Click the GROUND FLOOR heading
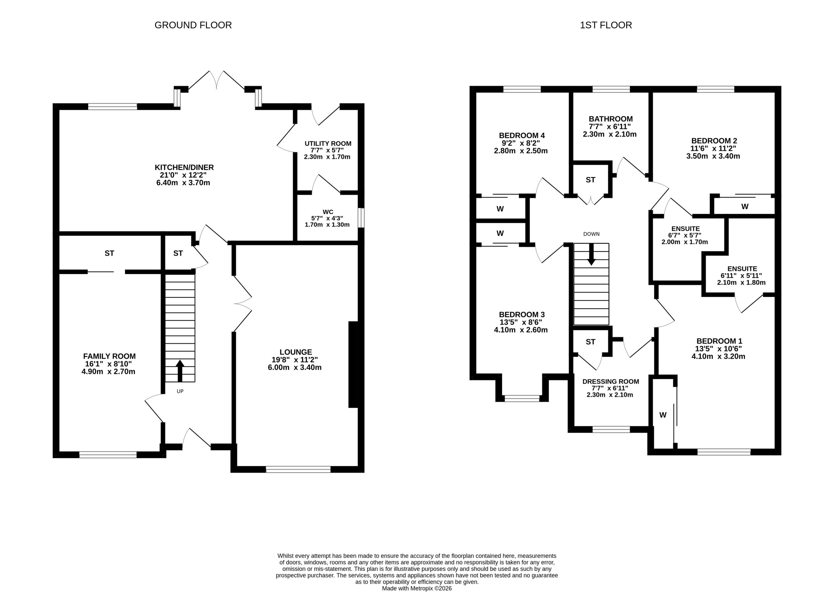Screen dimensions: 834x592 (193, 25)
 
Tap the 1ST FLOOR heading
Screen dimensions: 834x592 (606, 25)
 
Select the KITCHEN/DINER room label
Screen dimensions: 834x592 (184, 167)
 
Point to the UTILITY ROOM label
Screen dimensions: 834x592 (328, 144)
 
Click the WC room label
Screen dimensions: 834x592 (328, 212)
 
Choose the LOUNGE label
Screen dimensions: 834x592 (295, 352)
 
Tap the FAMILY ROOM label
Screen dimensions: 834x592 (109, 356)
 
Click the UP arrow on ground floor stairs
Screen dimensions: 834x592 (180, 371)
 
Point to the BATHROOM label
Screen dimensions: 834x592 (611, 119)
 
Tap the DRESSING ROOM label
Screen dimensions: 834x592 (611, 382)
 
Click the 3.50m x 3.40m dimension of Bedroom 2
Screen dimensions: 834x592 (713, 156)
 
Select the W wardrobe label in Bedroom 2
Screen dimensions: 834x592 (745, 207)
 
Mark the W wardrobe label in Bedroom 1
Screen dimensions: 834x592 (663, 415)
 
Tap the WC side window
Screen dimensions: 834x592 (361, 218)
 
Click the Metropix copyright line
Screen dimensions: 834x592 (417, 588)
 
